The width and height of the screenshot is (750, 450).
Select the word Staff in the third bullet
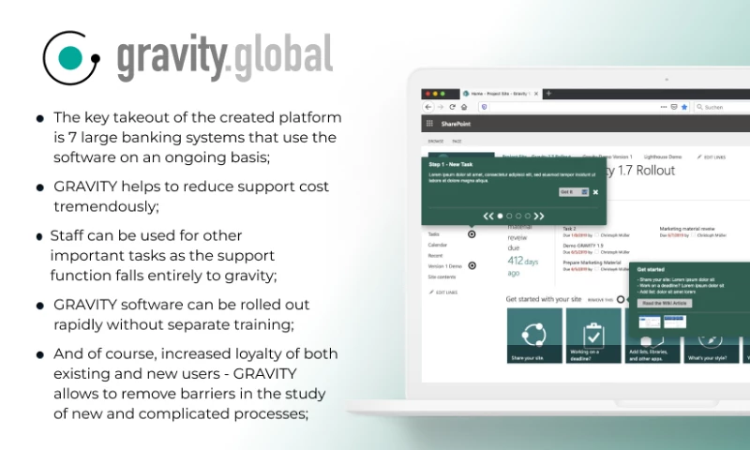pyautogui.click(x=67, y=235)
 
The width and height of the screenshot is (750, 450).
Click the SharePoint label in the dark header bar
pyautogui.click(x=456, y=124)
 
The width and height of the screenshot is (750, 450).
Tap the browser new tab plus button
pyautogui.click(x=549, y=94)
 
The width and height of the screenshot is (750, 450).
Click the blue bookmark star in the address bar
pyautogui.click(x=684, y=107)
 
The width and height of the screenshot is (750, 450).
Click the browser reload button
pyautogui.click(x=452, y=107)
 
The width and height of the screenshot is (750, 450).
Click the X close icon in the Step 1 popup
pyautogui.click(x=595, y=191)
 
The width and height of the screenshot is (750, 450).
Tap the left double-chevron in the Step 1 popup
pyautogui.click(x=488, y=216)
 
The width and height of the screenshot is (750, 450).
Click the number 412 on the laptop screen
pyautogui.click(x=516, y=261)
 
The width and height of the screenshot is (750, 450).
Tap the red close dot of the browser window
pyautogui.click(x=427, y=94)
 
